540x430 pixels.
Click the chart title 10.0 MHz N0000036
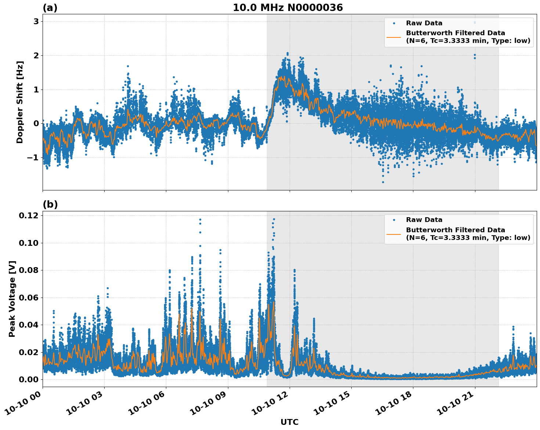point(288,8)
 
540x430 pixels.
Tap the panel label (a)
point(50,8)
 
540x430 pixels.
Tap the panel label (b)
point(50,204)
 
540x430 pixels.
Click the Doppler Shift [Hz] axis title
point(20,102)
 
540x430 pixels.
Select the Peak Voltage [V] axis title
point(12,299)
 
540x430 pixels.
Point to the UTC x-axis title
point(289,422)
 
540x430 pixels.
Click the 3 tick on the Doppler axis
point(36,22)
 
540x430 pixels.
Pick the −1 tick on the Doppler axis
point(33,158)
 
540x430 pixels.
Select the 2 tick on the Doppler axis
point(36,56)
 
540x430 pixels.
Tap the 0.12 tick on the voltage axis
point(28,216)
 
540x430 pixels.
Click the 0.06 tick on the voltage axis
point(28,298)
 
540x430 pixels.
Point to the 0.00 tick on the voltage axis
point(28,379)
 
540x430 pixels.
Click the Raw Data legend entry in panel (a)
point(424,23)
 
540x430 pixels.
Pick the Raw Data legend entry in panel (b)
point(424,220)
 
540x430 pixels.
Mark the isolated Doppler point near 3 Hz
point(475,22)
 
